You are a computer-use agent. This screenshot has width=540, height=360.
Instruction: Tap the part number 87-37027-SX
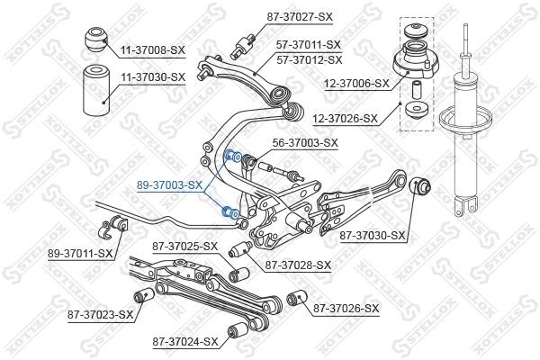[301, 15]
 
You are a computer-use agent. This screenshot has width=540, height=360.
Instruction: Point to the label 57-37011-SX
[309, 44]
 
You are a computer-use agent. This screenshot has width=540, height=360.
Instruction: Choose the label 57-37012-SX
[309, 59]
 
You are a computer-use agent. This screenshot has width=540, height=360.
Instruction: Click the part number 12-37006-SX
[357, 83]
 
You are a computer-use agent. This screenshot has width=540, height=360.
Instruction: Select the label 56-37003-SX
[304, 142]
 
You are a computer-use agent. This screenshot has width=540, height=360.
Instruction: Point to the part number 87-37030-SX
[373, 236]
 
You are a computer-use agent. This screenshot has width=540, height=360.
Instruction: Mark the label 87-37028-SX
[298, 265]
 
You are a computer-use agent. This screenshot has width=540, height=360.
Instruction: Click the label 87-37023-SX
[100, 314]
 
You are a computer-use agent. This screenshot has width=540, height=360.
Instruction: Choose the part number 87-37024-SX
[185, 341]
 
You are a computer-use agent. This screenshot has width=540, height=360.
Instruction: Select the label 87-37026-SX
[346, 309]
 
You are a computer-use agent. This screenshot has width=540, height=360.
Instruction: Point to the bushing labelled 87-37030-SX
[420, 189]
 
